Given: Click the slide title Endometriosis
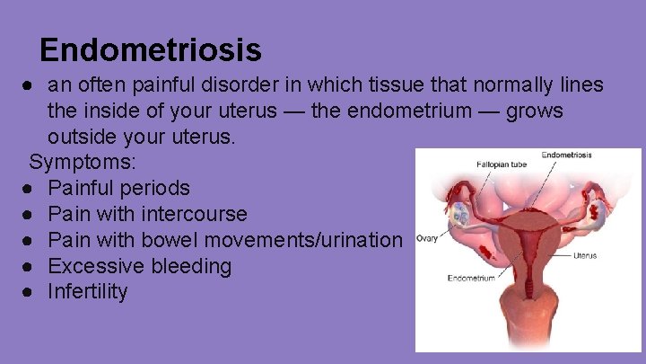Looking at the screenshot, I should pos(151,49).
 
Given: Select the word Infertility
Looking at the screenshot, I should pos(88,292).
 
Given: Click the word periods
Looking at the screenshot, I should pos(159,189).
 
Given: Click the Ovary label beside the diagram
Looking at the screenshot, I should pos(426,238).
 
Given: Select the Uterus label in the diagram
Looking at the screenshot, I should pos(583,255).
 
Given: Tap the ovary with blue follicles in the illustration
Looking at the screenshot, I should pos(462,214).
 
